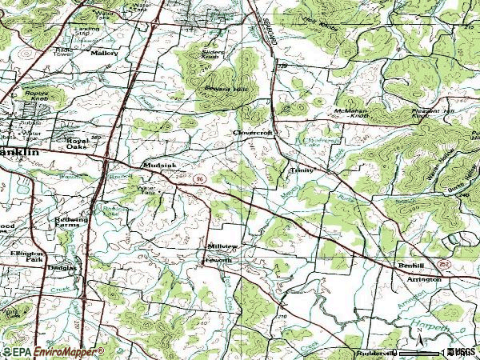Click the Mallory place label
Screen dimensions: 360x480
tap(104, 53)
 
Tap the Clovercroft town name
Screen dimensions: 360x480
tap(254, 133)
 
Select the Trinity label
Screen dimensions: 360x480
tap(302, 170)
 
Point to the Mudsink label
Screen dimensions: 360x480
tap(154, 166)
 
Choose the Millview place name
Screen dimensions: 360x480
tap(222, 247)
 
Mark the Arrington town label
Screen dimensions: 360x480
tap(424, 279)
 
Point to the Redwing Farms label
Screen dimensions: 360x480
tap(70, 222)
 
